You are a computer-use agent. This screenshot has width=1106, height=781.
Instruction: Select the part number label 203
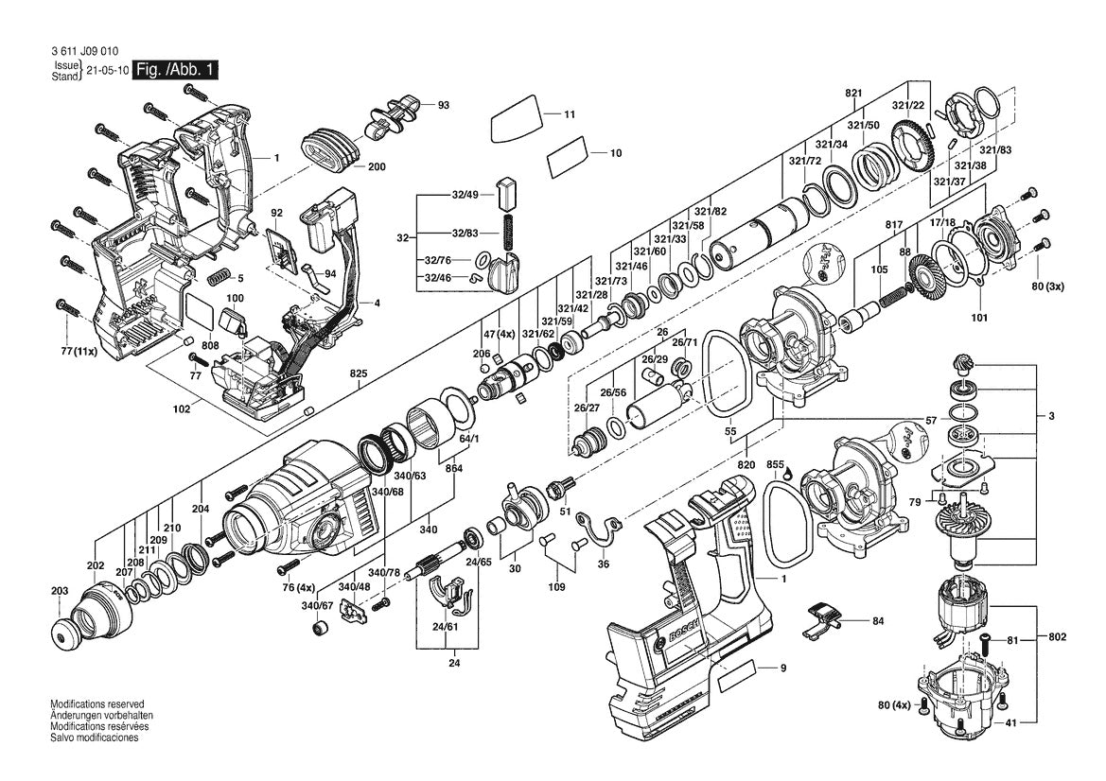[x=60, y=591]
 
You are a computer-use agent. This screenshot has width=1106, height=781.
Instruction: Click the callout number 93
[x=443, y=105]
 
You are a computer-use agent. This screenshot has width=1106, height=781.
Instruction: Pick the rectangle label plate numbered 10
[x=569, y=157]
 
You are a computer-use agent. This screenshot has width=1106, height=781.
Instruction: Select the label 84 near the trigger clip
[x=878, y=621]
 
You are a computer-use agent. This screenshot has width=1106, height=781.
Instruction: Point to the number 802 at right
[x=1057, y=637]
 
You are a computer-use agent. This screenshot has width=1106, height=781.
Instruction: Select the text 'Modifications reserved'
[x=97, y=704]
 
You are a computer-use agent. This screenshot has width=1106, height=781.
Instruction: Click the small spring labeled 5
[x=219, y=278]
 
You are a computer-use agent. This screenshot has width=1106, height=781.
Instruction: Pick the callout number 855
[x=775, y=464]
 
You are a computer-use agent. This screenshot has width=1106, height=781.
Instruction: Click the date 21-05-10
[x=107, y=71]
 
